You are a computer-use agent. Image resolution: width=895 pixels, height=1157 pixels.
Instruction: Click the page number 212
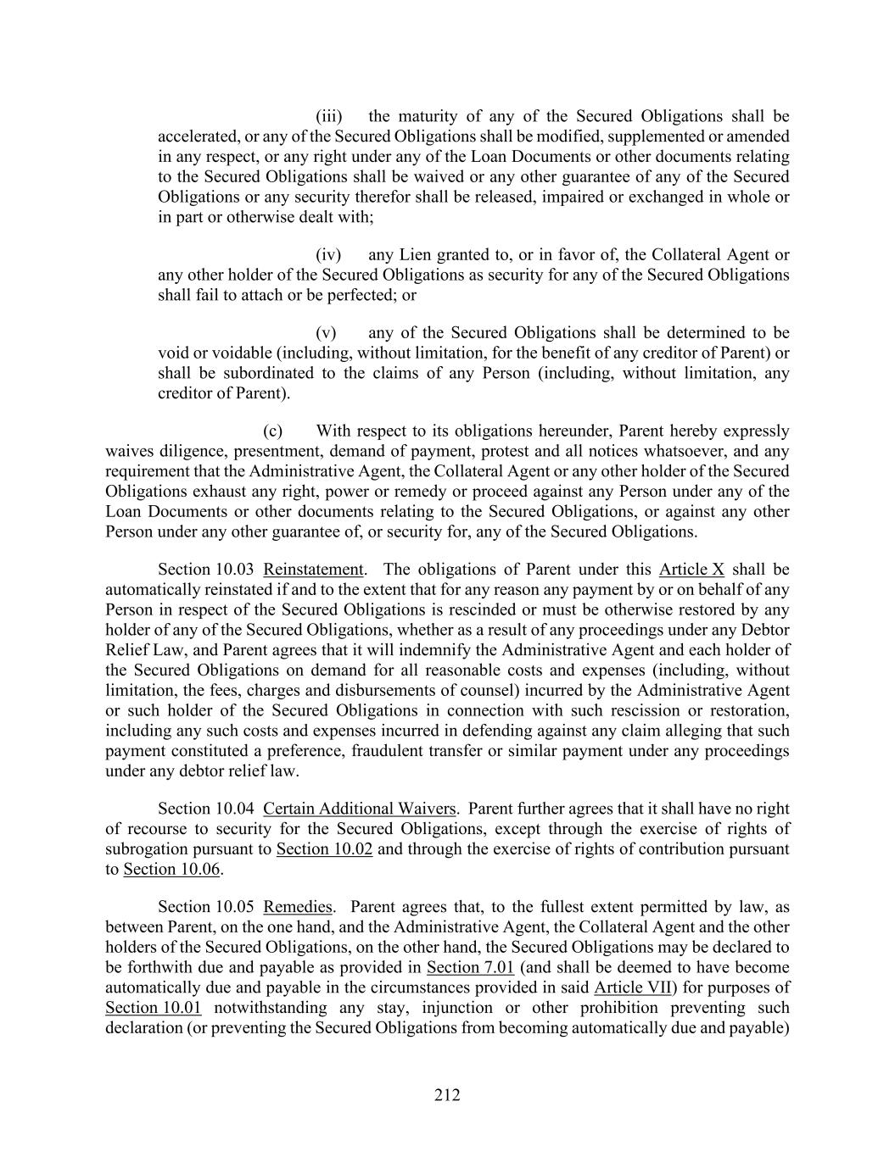click(x=447, y=1095)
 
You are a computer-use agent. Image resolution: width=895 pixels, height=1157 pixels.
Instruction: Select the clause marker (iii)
click(x=328, y=116)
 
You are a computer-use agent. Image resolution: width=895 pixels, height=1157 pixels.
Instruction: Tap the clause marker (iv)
click(x=328, y=255)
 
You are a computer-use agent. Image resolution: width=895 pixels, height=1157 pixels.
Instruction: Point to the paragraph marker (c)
click(x=272, y=431)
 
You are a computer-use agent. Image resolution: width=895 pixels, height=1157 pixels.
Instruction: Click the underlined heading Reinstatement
click(x=314, y=570)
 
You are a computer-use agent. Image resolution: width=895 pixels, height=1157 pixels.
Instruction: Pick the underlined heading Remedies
click(x=298, y=907)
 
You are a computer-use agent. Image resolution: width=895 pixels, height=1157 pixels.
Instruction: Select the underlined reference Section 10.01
click(x=154, y=1009)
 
